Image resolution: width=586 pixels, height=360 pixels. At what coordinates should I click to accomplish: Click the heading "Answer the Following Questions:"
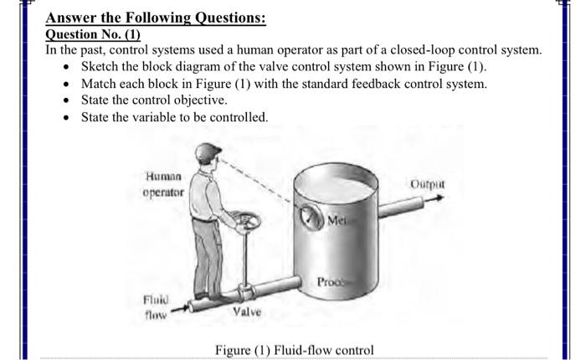pyautogui.click(x=156, y=18)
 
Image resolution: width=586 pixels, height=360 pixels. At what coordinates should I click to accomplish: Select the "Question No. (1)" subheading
pyautogui.click(x=93, y=34)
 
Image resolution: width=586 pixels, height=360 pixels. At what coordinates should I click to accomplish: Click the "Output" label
pyautogui.click(x=428, y=183)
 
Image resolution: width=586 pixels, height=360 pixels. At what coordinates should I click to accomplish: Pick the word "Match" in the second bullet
pyautogui.click(x=100, y=84)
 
